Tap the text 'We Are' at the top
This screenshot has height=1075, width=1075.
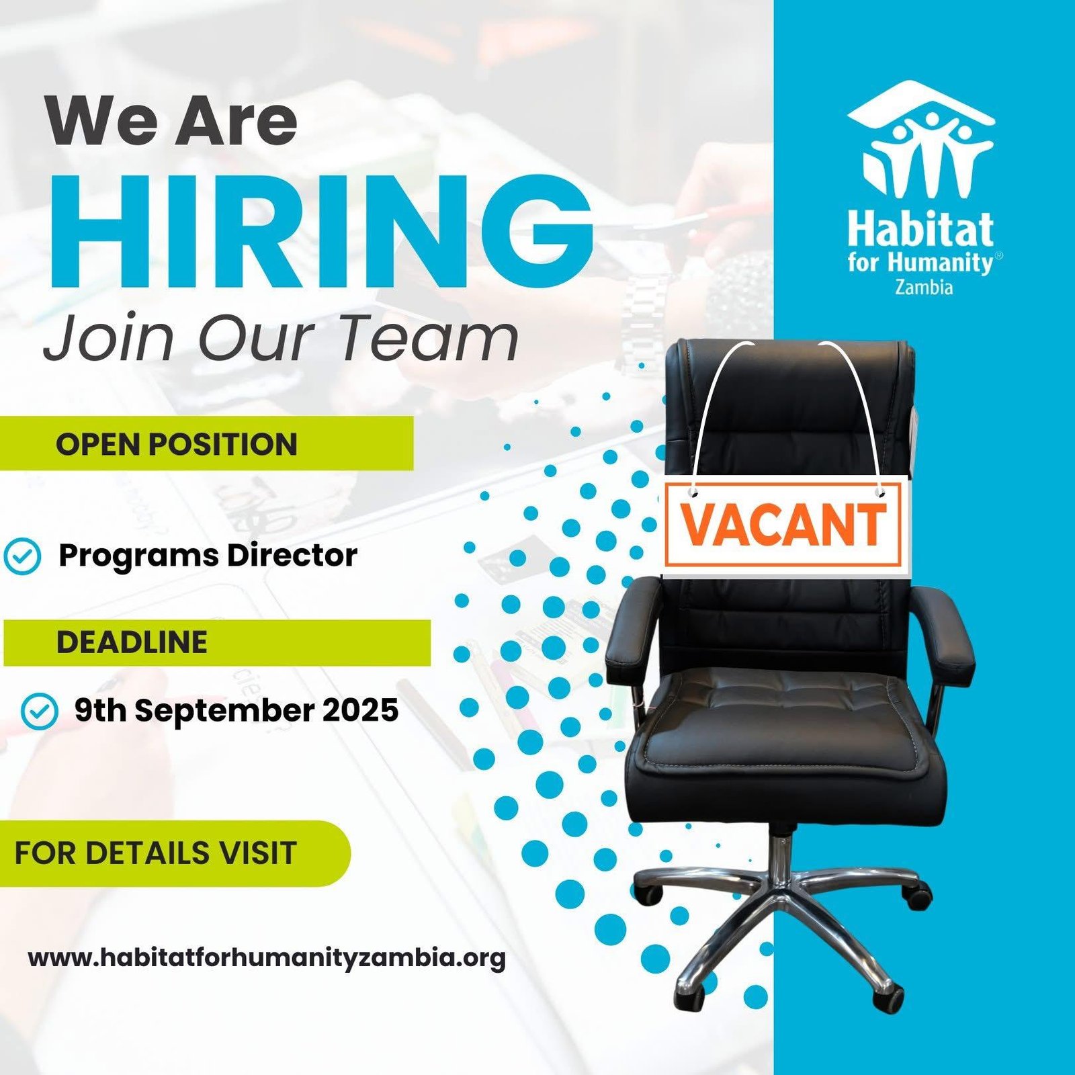click(x=171, y=121)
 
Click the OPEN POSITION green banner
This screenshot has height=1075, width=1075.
click(x=206, y=443)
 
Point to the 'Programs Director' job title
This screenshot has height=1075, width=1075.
click(x=208, y=556)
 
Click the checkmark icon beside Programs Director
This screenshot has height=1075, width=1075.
click(x=22, y=556)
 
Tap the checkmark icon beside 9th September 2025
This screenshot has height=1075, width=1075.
click(x=40, y=711)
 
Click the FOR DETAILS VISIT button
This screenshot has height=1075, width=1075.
click(x=175, y=853)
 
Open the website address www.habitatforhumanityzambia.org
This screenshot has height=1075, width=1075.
click(x=267, y=958)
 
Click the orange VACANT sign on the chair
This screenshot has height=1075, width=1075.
click(x=783, y=525)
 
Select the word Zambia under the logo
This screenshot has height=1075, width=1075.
click(x=924, y=287)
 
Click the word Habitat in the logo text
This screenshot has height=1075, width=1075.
click(x=920, y=229)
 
